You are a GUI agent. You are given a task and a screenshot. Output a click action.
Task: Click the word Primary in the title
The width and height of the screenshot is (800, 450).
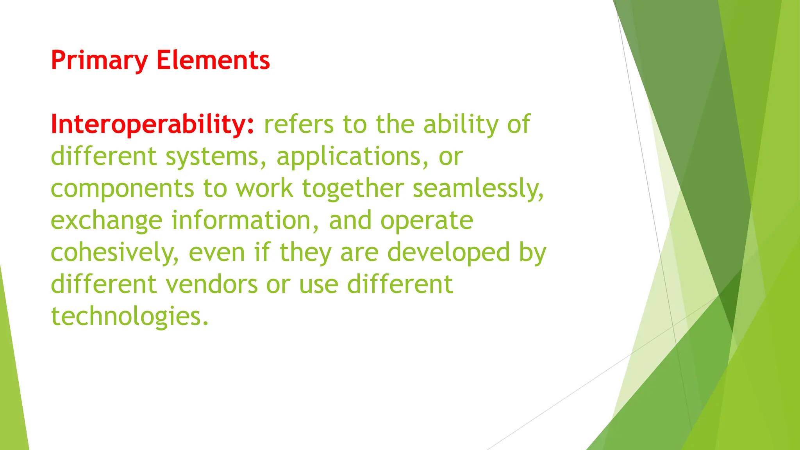point(99,61)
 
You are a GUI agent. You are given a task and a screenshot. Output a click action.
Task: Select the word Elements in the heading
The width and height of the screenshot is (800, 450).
point(213,61)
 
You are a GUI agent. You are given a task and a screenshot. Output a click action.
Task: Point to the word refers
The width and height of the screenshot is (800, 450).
point(298,125)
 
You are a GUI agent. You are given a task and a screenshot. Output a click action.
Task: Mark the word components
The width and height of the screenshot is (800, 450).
point(122,189)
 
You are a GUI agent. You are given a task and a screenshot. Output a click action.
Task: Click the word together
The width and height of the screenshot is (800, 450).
point(353,189)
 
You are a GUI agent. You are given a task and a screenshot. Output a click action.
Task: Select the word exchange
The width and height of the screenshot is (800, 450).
point(106,221)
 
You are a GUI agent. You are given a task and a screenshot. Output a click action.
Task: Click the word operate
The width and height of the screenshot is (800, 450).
point(427,221)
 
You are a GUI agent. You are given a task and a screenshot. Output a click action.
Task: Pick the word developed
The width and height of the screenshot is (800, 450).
point(448,253)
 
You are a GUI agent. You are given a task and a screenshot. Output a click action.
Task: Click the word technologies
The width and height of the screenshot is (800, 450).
point(130,316)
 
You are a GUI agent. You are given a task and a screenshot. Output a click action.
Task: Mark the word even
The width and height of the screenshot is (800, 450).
point(217,253)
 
